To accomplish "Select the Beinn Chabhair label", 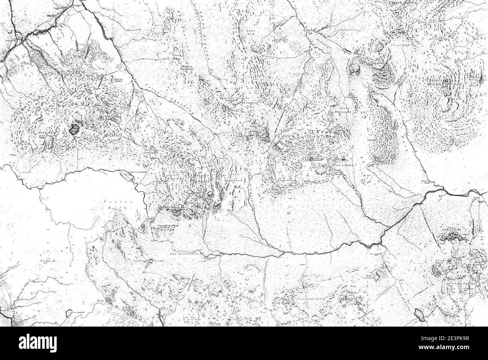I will (x=203, y=178).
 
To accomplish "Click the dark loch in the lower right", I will (x=419, y=315).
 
